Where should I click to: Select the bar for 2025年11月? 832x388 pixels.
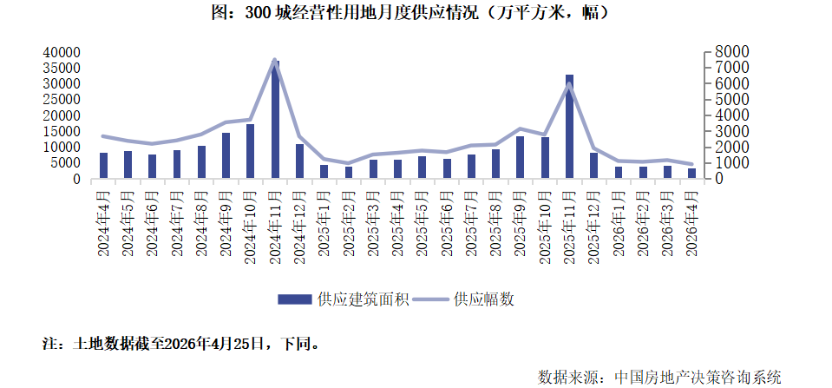(x=569, y=127)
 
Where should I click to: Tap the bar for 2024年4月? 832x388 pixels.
(x=104, y=166)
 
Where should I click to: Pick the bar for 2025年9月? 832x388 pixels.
(x=520, y=157)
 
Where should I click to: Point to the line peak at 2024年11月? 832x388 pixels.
(x=275, y=60)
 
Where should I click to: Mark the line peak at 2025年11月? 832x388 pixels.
(x=569, y=84)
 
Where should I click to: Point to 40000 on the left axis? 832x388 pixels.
(x=62, y=53)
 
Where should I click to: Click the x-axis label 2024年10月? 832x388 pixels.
(x=251, y=222)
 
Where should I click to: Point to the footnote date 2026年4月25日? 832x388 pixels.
(x=213, y=344)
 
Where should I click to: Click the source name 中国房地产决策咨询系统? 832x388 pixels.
(x=698, y=377)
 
